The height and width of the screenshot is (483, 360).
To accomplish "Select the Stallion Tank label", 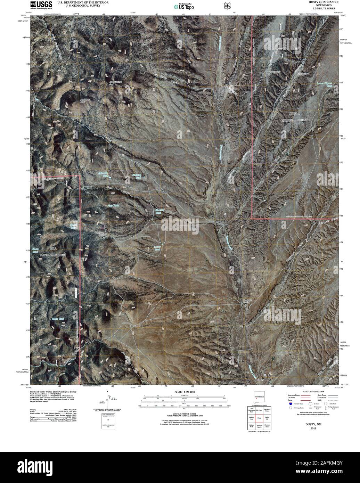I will (x=138, y=176).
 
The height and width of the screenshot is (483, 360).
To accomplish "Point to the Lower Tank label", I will (x=157, y=248).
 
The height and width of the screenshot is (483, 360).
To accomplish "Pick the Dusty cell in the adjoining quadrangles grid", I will (x=259, y=418).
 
